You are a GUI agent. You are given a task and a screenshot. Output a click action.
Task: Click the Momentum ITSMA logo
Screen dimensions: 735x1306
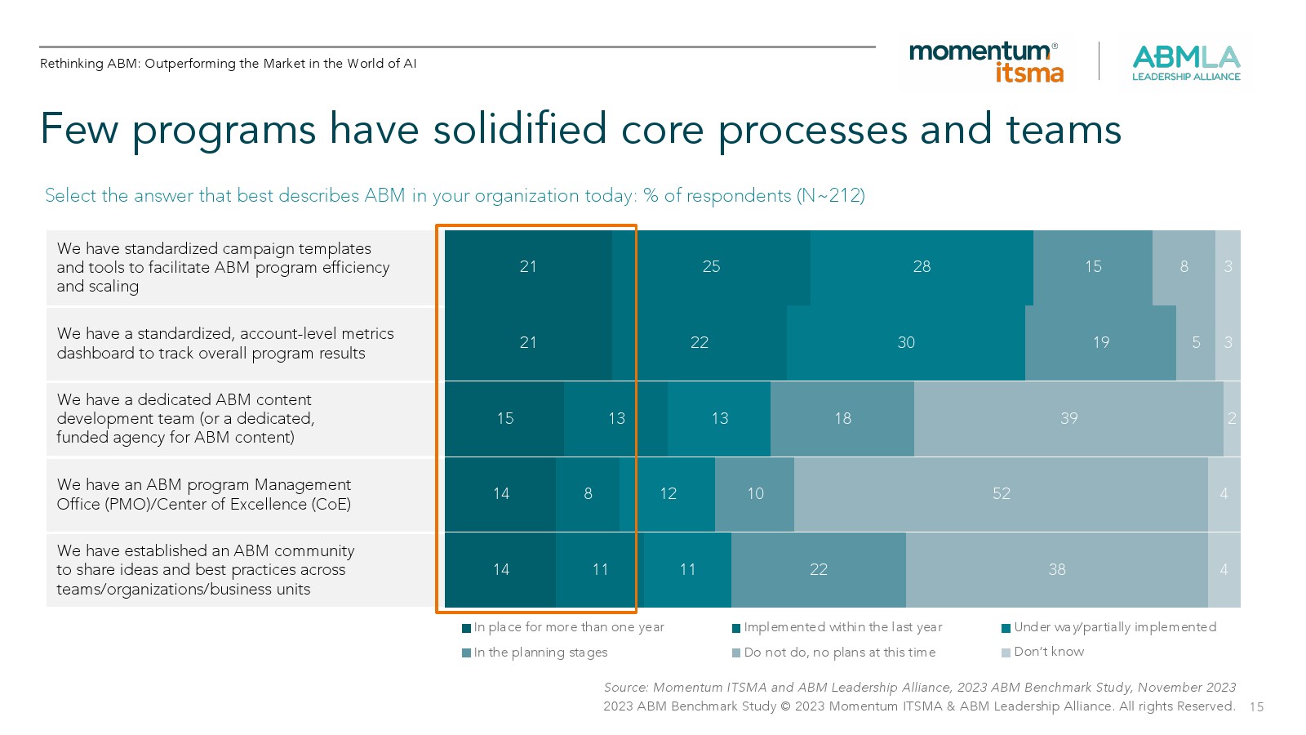click(986, 62)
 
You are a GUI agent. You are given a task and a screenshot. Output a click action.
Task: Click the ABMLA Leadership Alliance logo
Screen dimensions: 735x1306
click(1185, 63)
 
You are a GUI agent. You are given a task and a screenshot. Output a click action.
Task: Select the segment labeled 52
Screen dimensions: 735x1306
click(1001, 493)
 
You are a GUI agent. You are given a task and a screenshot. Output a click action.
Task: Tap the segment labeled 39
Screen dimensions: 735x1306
click(1068, 418)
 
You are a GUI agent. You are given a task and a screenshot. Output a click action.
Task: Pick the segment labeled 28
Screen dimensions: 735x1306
click(922, 266)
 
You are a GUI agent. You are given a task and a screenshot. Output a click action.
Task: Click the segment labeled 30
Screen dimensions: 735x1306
click(906, 342)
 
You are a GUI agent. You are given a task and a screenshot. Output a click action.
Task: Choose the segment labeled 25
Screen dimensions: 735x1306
click(711, 266)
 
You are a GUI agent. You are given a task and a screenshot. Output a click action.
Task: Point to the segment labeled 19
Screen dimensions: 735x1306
click(1100, 342)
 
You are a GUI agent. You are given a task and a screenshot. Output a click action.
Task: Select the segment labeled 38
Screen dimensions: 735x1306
click(1056, 569)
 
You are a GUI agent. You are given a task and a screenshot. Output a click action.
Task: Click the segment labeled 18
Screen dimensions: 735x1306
click(842, 418)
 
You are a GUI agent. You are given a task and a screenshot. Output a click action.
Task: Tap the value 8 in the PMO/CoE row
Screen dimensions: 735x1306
click(588, 493)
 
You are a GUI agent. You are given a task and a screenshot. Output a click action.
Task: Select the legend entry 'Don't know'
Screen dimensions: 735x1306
click(1048, 652)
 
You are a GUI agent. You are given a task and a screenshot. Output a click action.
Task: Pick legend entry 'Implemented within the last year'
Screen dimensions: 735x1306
click(842, 627)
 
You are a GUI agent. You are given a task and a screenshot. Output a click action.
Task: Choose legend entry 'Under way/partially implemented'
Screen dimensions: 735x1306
click(1114, 627)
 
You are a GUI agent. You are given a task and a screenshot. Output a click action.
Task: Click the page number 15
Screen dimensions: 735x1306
click(1256, 707)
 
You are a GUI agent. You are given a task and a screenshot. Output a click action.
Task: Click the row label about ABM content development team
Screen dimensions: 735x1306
click(184, 418)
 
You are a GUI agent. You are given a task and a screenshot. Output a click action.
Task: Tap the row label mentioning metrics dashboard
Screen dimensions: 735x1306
click(224, 343)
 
